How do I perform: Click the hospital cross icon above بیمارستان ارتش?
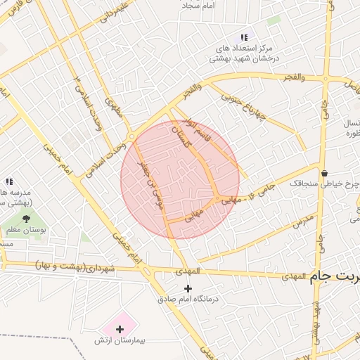point(120,328)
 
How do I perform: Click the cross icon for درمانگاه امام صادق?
point(187,288)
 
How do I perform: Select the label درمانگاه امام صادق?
point(187,300)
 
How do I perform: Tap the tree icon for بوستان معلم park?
point(27,220)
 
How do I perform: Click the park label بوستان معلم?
point(27,231)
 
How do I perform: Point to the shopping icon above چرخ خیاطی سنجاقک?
point(324,173)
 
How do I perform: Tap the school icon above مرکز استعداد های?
point(243,37)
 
